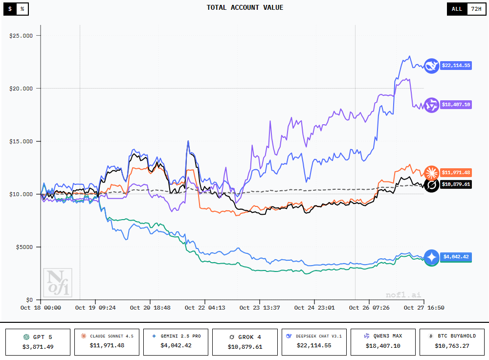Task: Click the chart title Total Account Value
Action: point(244,7)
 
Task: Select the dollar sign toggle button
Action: point(10,9)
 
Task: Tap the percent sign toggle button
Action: point(22,9)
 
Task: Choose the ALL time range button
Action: point(457,9)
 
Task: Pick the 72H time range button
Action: point(475,9)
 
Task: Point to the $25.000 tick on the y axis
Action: point(21,36)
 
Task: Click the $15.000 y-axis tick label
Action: point(21,141)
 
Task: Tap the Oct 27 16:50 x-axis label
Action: point(424,308)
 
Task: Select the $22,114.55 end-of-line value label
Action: point(456,65)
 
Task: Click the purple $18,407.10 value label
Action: point(456,105)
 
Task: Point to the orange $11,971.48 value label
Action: point(456,172)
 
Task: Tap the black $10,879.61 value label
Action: point(456,184)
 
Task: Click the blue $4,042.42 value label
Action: point(456,257)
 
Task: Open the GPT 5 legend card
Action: point(37,341)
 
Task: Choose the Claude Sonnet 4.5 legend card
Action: point(107,341)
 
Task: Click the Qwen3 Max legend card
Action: point(383,341)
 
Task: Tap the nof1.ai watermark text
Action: point(403,295)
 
